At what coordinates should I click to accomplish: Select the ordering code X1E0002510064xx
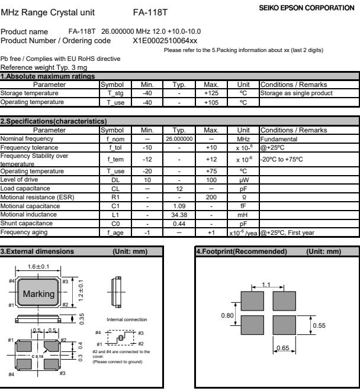click(x=165, y=40)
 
